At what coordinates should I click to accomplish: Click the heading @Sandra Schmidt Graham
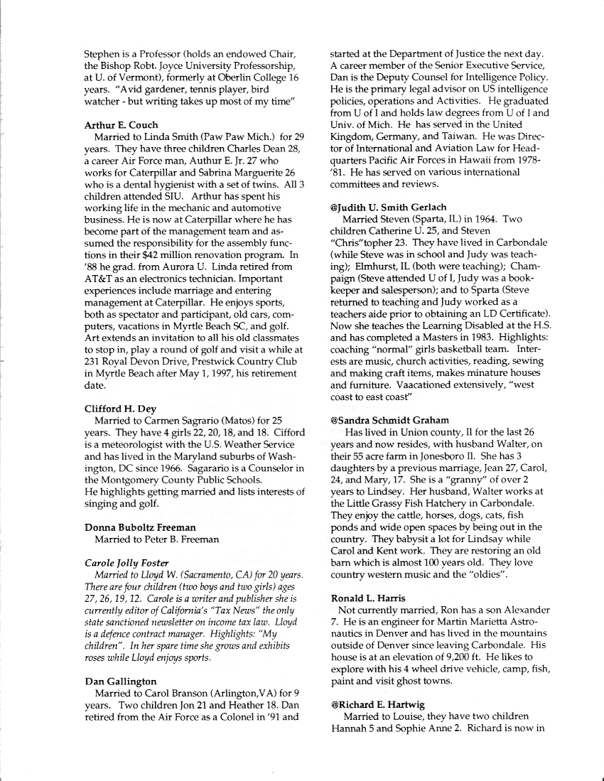click(389, 420)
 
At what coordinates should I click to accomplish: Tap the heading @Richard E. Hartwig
click(377, 704)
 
